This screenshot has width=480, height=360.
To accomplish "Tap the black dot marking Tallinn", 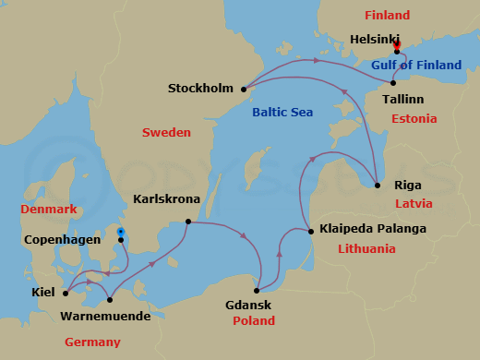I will click(x=393, y=83).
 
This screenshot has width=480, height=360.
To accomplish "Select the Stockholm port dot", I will click(x=244, y=90).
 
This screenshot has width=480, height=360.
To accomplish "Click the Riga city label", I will click(x=408, y=184).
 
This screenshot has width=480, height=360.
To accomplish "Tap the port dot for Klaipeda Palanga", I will click(x=307, y=229).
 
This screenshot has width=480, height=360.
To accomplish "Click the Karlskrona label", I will click(x=166, y=198).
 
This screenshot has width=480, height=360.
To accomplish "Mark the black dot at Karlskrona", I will click(x=188, y=222).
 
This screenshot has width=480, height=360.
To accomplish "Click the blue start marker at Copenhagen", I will click(x=120, y=233).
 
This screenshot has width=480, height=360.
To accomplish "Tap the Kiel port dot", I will click(x=65, y=294).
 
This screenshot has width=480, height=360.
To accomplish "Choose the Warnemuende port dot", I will click(x=110, y=299).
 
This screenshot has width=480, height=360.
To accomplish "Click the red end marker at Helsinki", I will click(x=396, y=43).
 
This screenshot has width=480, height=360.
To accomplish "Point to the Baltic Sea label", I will click(x=282, y=113).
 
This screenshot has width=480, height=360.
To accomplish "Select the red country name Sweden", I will click(x=166, y=133).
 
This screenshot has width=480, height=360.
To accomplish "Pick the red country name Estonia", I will click(x=414, y=119).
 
